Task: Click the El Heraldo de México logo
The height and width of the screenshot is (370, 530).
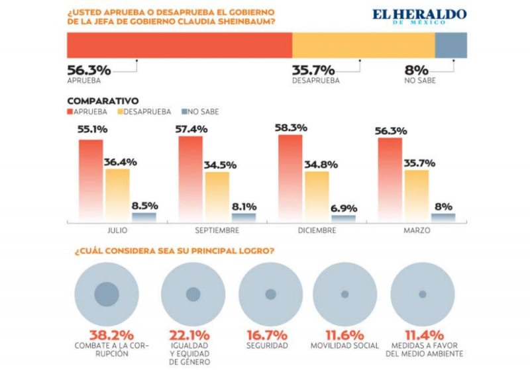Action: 419,16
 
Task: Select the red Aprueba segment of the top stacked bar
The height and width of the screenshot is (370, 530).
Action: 180,45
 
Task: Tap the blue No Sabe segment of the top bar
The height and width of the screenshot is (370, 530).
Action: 450,45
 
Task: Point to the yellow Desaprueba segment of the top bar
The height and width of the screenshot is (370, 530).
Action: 363,45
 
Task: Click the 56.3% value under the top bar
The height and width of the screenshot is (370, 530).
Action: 89,69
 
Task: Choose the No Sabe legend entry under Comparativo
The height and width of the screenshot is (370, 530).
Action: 199,112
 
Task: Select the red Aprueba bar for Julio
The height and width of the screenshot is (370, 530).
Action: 91,179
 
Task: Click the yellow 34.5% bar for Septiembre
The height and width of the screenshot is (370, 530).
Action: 217,195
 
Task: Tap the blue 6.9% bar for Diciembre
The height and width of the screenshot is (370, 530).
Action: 343,217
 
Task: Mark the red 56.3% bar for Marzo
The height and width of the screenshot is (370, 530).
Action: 390,179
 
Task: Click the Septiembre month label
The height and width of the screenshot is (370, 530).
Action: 217,231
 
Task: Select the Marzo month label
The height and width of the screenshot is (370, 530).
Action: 416,231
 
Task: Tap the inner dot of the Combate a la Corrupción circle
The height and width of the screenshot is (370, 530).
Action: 107,294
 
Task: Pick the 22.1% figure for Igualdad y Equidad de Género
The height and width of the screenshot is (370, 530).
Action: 191,336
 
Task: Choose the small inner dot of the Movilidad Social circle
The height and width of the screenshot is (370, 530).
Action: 344,294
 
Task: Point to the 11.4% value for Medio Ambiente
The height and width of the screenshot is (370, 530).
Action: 421,336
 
